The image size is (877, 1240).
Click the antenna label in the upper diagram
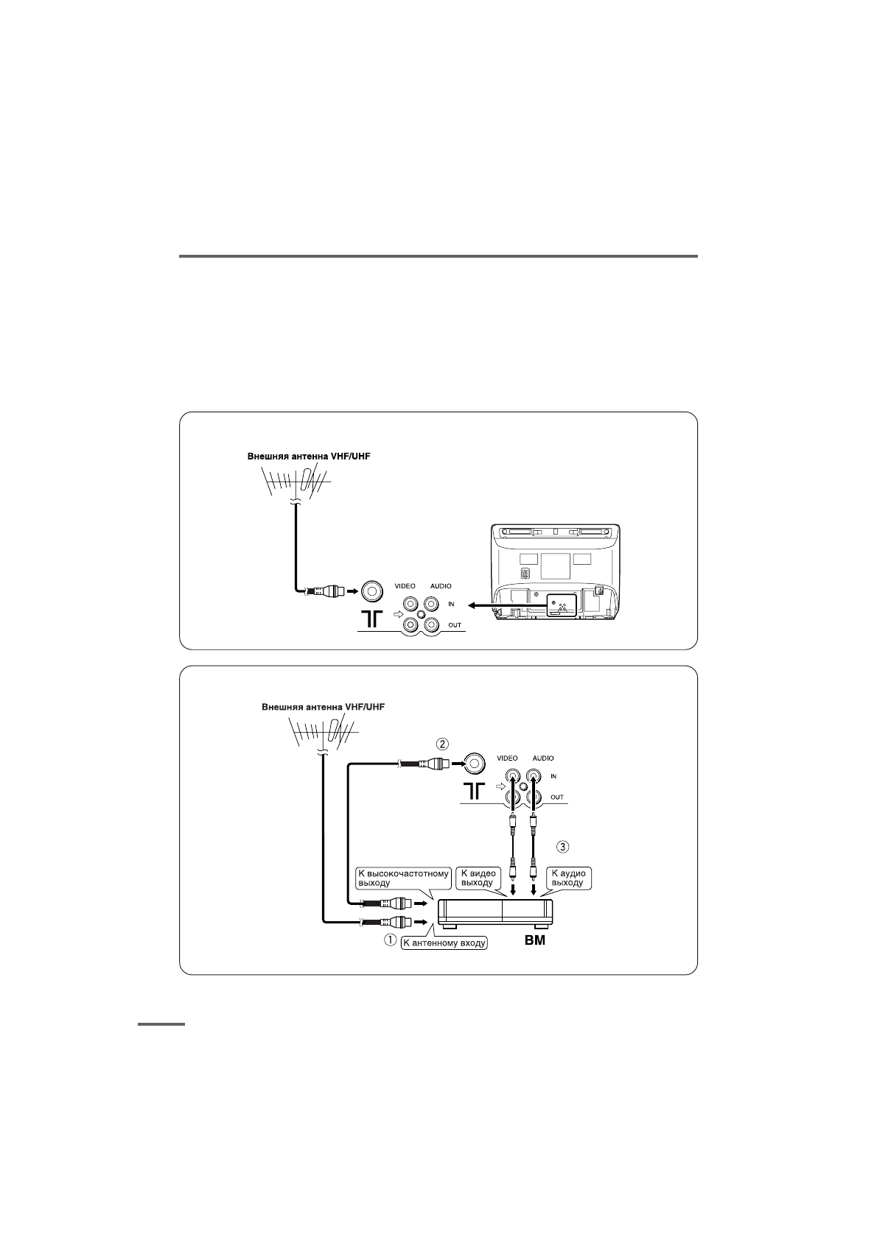point(308,456)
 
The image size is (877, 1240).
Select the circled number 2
point(442,743)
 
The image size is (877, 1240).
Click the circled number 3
point(563,846)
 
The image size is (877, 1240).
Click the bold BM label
point(535,940)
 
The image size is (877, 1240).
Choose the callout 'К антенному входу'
point(444,942)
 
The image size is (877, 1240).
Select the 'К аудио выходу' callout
point(568,878)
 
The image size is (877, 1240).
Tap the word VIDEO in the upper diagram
point(406,586)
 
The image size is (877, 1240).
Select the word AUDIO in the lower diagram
point(543,758)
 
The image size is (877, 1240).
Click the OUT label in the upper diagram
point(455,625)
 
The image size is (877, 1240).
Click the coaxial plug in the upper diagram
point(328,591)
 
